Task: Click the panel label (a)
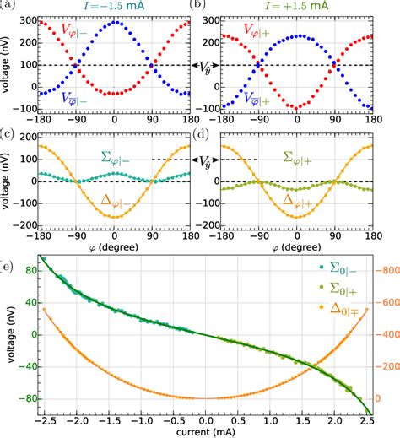(x=9, y=6)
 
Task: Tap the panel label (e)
(x=9, y=268)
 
